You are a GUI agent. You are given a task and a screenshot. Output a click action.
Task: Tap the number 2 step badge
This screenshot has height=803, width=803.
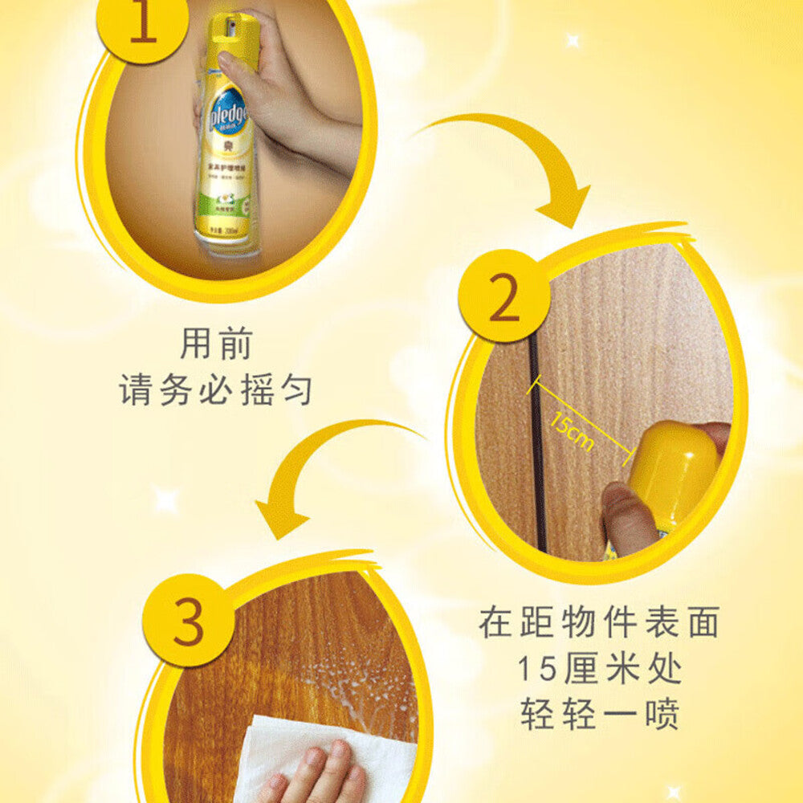[x=503, y=297]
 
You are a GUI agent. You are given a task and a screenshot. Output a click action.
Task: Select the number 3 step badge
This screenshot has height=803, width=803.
[x=188, y=620]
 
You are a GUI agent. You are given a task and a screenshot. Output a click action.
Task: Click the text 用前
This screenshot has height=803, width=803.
[x=216, y=344]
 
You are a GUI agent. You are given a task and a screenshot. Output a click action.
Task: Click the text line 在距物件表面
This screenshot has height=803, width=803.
[x=599, y=623]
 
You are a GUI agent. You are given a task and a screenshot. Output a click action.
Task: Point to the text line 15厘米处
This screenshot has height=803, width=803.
[x=599, y=668]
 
